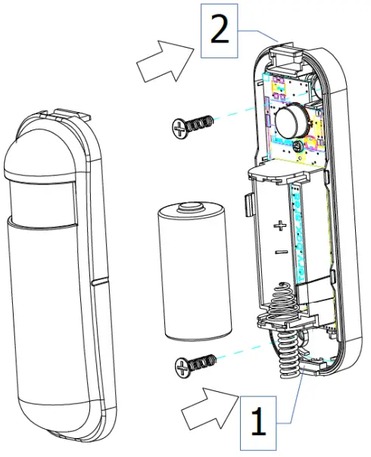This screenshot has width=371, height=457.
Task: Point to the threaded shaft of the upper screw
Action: point(199,122)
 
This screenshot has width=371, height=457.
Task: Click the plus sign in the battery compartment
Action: point(279,225)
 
